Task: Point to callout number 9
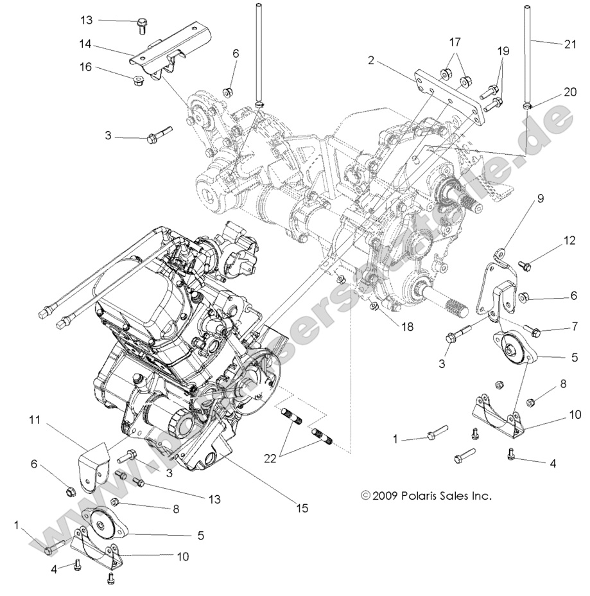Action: coord(540,198)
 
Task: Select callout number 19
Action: coord(502,50)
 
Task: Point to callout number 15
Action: coord(301,508)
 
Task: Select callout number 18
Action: coord(408,326)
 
